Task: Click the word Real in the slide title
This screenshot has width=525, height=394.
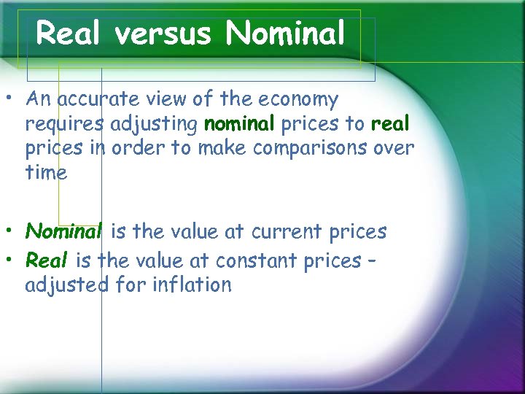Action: (x=68, y=33)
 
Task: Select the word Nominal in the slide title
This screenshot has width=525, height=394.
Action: (x=285, y=33)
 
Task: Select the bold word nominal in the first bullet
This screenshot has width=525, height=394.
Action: (x=239, y=124)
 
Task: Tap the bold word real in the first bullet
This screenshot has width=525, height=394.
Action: (x=390, y=124)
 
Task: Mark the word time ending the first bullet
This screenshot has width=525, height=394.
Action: (x=46, y=173)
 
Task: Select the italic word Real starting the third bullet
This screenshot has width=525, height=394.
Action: (x=47, y=260)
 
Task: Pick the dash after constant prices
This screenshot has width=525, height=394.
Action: (x=372, y=260)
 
